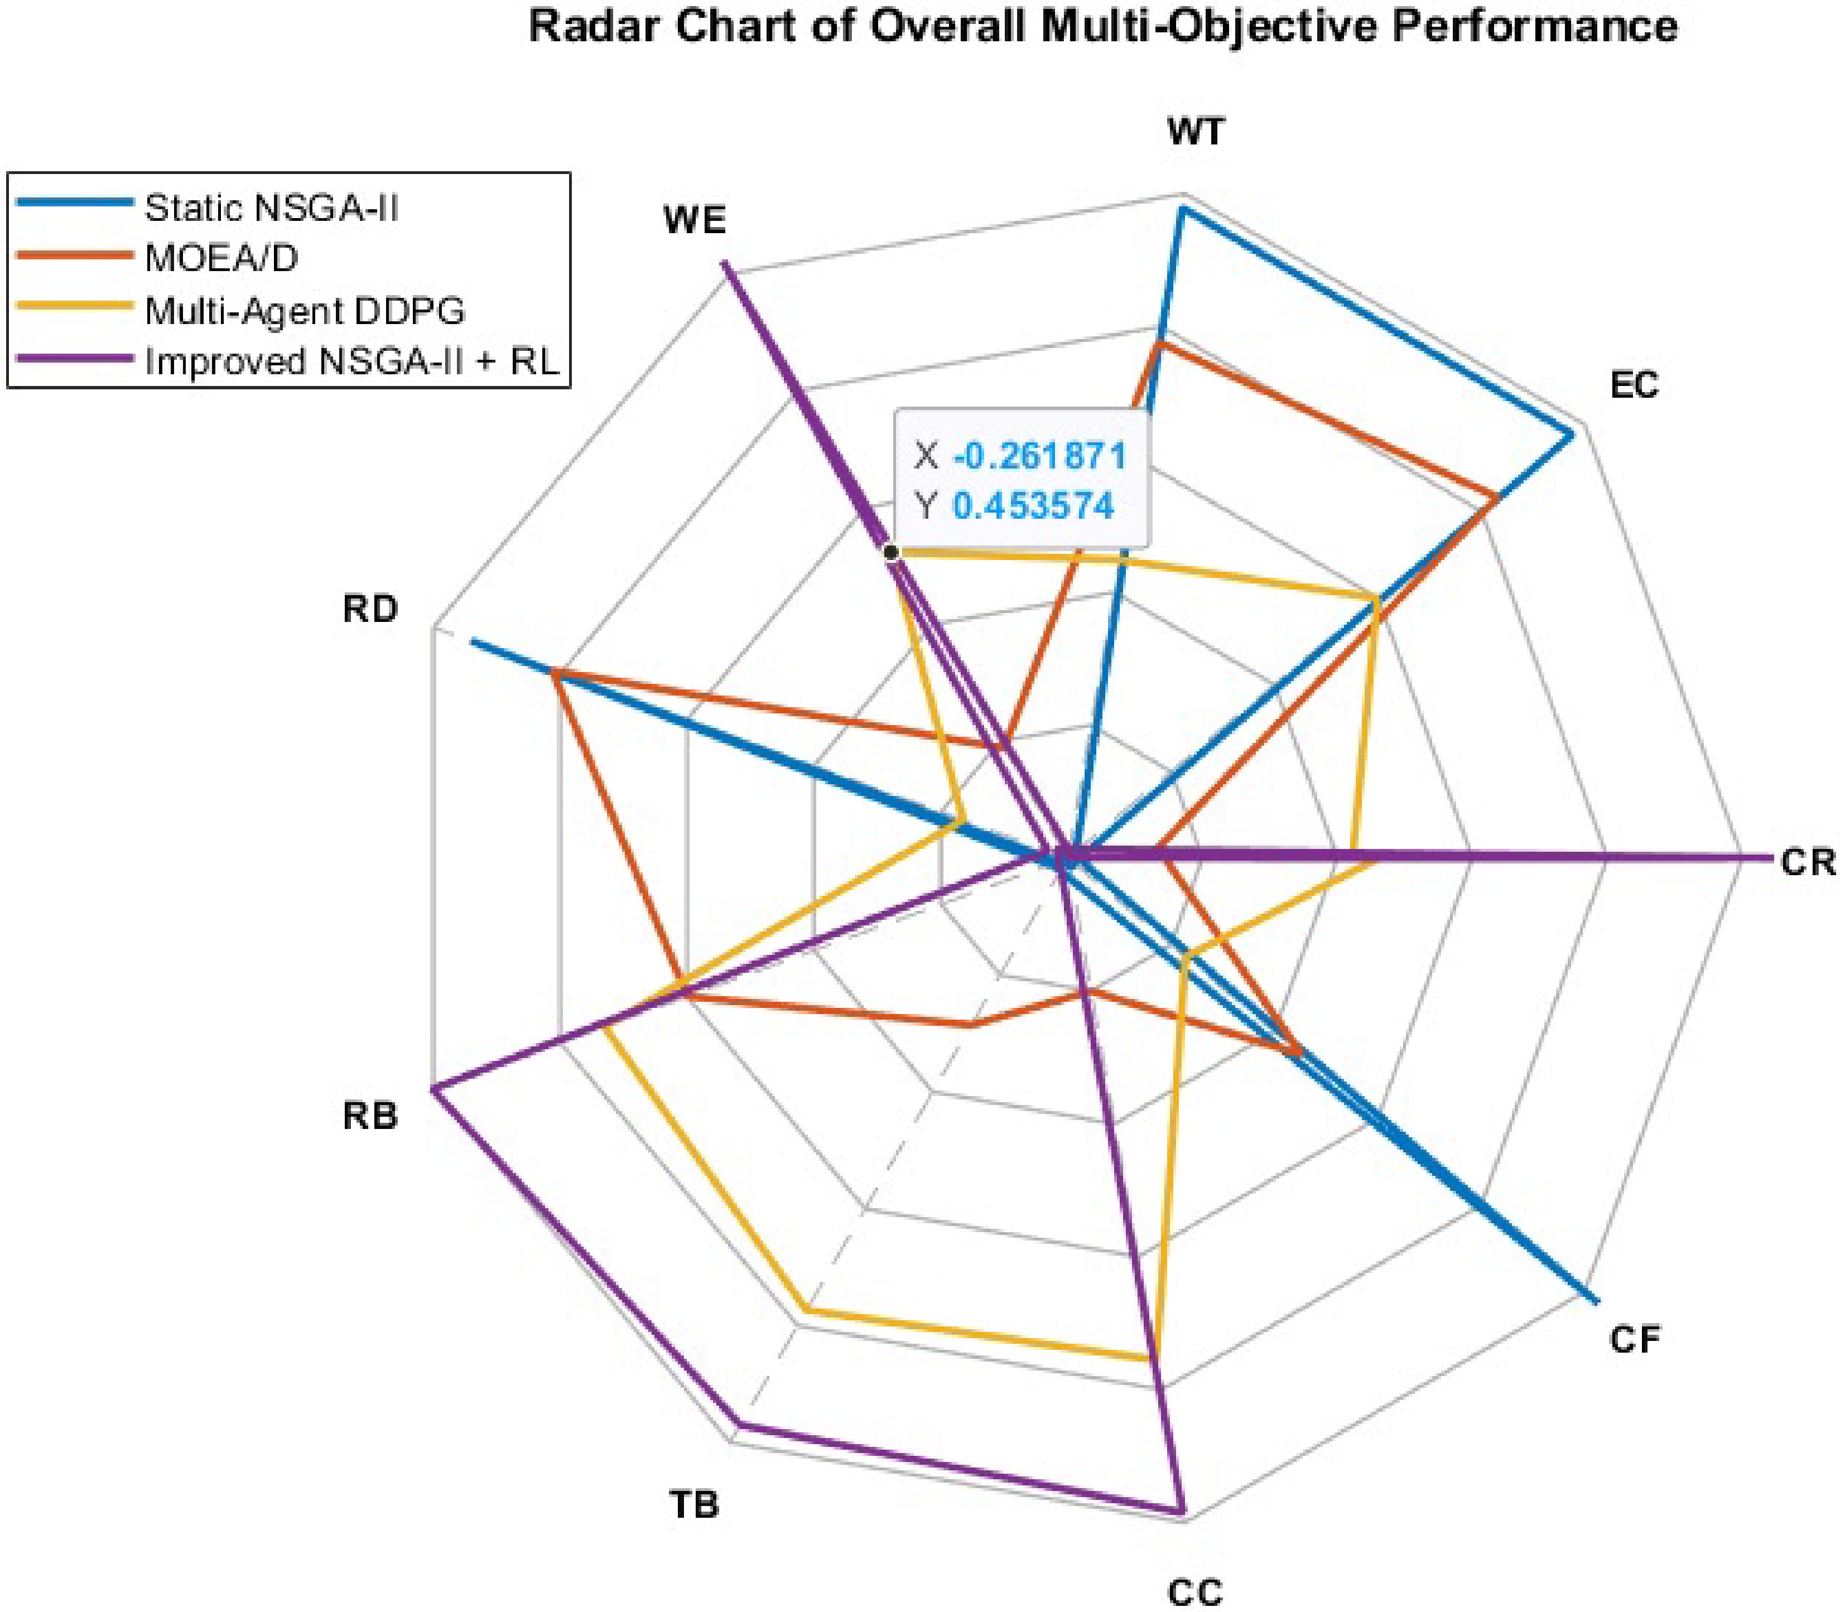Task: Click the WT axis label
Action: tap(1196, 132)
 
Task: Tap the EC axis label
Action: tap(1634, 385)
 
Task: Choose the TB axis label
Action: tap(695, 1503)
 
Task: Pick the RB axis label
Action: tap(370, 1116)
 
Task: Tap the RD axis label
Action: tap(370, 609)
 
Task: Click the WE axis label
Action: tap(695, 220)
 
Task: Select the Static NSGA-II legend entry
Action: tap(207, 208)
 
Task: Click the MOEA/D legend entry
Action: tap(157, 258)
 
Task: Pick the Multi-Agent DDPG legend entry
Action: tap(241, 310)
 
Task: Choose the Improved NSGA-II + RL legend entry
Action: tap(288, 361)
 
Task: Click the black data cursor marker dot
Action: tap(890, 552)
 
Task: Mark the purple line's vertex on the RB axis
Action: tap(433, 1089)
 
